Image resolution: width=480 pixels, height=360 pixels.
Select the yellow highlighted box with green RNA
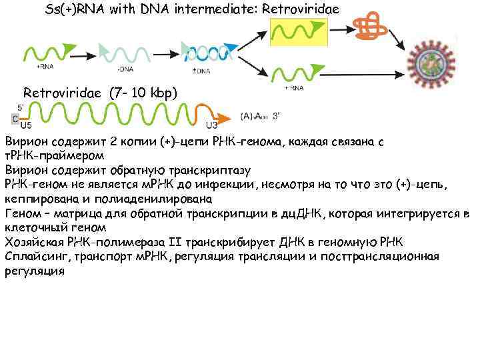point(299,31)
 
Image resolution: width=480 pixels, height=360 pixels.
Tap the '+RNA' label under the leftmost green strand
point(45,66)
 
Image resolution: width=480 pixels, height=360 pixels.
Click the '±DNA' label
point(201,70)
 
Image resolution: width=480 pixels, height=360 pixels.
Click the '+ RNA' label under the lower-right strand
point(294,87)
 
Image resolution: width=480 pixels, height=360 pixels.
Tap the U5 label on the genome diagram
point(26,125)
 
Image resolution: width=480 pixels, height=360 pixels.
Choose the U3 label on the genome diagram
point(211,125)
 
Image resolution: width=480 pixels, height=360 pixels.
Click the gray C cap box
point(15,118)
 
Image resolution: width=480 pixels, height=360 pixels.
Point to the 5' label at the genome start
point(21,105)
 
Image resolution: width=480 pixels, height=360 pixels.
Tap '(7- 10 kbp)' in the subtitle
point(143,93)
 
